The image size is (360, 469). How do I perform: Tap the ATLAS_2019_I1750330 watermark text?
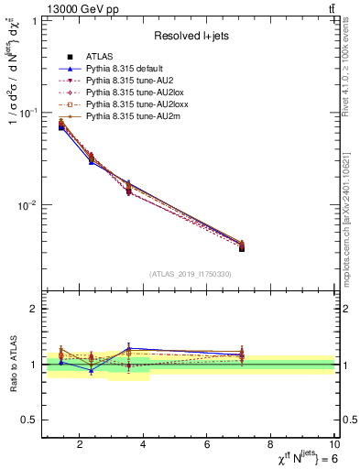click(189, 274)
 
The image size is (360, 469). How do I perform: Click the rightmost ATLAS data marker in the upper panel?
click(241, 248)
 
